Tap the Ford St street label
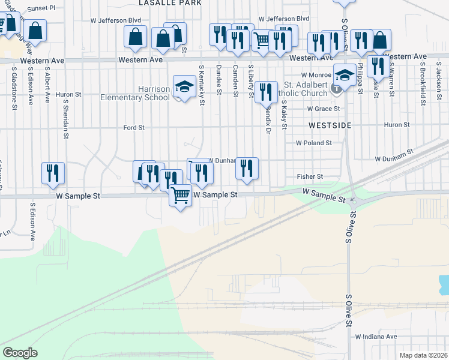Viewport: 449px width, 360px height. pyautogui.click(x=134, y=128)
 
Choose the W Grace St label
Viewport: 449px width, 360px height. pyautogui.click(x=324, y=109)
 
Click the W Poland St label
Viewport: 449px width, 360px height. pyautogui.click(x=314, y=143)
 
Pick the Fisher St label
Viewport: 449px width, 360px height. pyautogui.click(x=310, y=177)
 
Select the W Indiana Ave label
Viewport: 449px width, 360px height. pyautogui.click(x=376, y=337)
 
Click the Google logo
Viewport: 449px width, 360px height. pyautogui.click(x=20, y=353)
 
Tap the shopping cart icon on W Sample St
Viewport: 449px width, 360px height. pyautogui.click(x=180, y=195)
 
